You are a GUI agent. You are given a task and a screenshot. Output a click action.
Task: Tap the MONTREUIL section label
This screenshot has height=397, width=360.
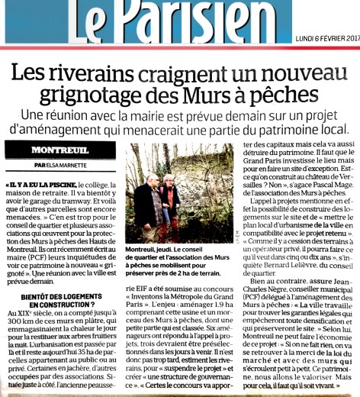click(x=61, y=150)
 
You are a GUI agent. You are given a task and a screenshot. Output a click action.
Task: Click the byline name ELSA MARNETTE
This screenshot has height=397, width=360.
click(x=66, y=166)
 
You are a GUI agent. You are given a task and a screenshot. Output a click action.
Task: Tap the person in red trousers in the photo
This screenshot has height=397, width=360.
click(x=170, y=206)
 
